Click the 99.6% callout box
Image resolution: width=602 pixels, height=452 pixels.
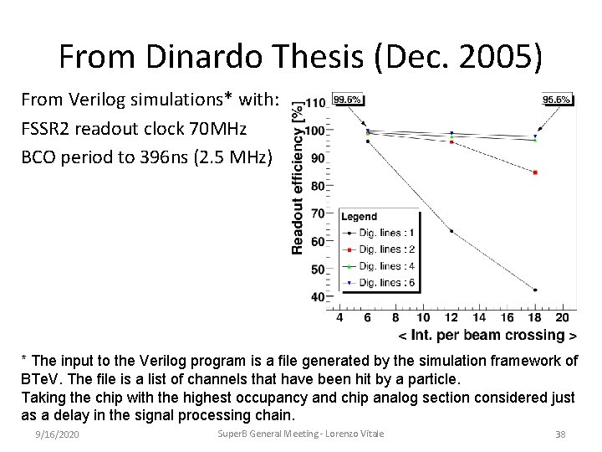(x=348, y=99)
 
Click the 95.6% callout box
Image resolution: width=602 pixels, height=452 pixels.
(x=556, y=99)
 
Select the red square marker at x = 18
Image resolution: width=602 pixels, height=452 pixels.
(x=534, y=172)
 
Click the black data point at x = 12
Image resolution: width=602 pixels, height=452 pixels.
(x=451, y=231)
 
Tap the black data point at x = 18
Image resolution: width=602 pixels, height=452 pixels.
(x=534, y=290)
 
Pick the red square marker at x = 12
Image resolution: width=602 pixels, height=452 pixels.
(x=451, y=142)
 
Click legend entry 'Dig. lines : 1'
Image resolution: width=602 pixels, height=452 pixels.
(x=379, y=232)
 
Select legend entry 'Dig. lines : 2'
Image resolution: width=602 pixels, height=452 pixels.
(x=379, y=249)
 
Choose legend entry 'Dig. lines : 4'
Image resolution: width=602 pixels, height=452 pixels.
(x=379, y=266)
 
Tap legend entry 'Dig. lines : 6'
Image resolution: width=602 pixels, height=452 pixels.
(x=379, y=283)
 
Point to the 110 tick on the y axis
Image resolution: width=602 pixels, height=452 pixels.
(x=315, y=103)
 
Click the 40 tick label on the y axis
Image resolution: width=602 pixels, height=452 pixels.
(x=319, y=297)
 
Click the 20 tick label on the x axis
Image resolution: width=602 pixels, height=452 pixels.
(x=562, y=317)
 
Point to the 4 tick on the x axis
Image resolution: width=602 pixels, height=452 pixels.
(x=339, y=317)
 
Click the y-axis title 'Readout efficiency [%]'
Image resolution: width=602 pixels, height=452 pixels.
(x=297, y=177)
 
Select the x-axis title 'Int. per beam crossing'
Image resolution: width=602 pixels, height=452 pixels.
(x=487, y=336)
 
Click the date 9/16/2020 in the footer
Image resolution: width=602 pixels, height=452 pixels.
(x=58, y=434)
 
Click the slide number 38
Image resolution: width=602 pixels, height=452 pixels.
(x=560, y=434)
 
